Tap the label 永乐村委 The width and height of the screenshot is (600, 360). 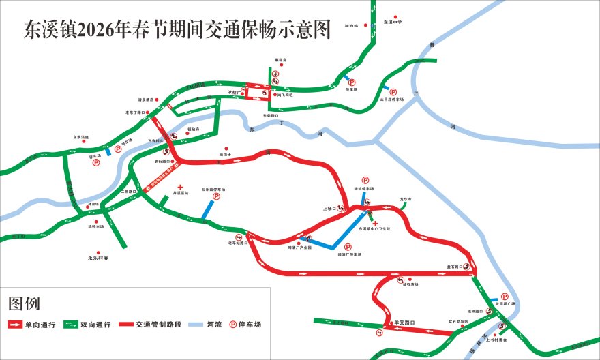point(98,258)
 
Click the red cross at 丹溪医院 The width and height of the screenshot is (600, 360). point(180,187)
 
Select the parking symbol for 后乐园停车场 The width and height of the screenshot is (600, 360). point(217,197)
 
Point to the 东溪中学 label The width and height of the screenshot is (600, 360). point(393,22)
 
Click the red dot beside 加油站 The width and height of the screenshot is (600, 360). point(366,26)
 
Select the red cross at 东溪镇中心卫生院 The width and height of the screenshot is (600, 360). point(375,224)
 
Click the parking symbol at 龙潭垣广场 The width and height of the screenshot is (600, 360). point(505,297)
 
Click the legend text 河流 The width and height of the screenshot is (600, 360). point(215,325)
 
